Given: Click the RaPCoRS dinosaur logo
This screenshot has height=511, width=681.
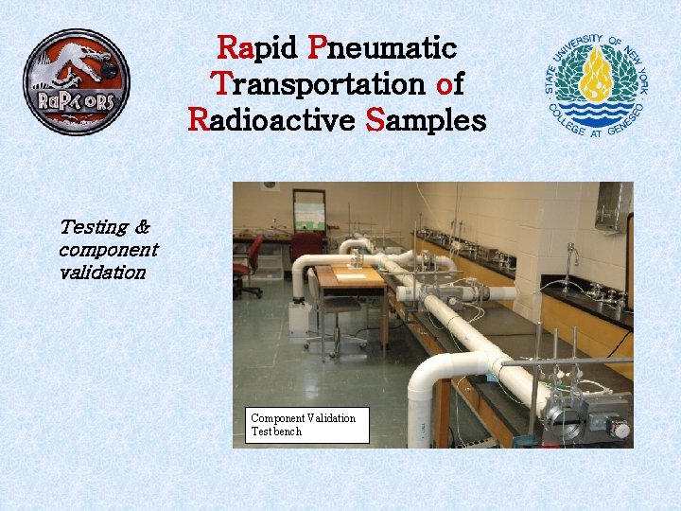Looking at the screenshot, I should click(76, 82).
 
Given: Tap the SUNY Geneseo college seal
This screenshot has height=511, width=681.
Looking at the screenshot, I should click(599, 83).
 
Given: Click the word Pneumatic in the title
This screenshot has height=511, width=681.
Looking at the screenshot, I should click(382, 47).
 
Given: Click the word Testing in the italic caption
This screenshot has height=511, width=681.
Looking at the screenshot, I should click(94, 227).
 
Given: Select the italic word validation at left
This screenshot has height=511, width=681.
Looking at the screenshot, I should click(102, 273).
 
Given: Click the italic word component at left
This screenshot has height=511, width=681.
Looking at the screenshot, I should click(108, 250).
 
